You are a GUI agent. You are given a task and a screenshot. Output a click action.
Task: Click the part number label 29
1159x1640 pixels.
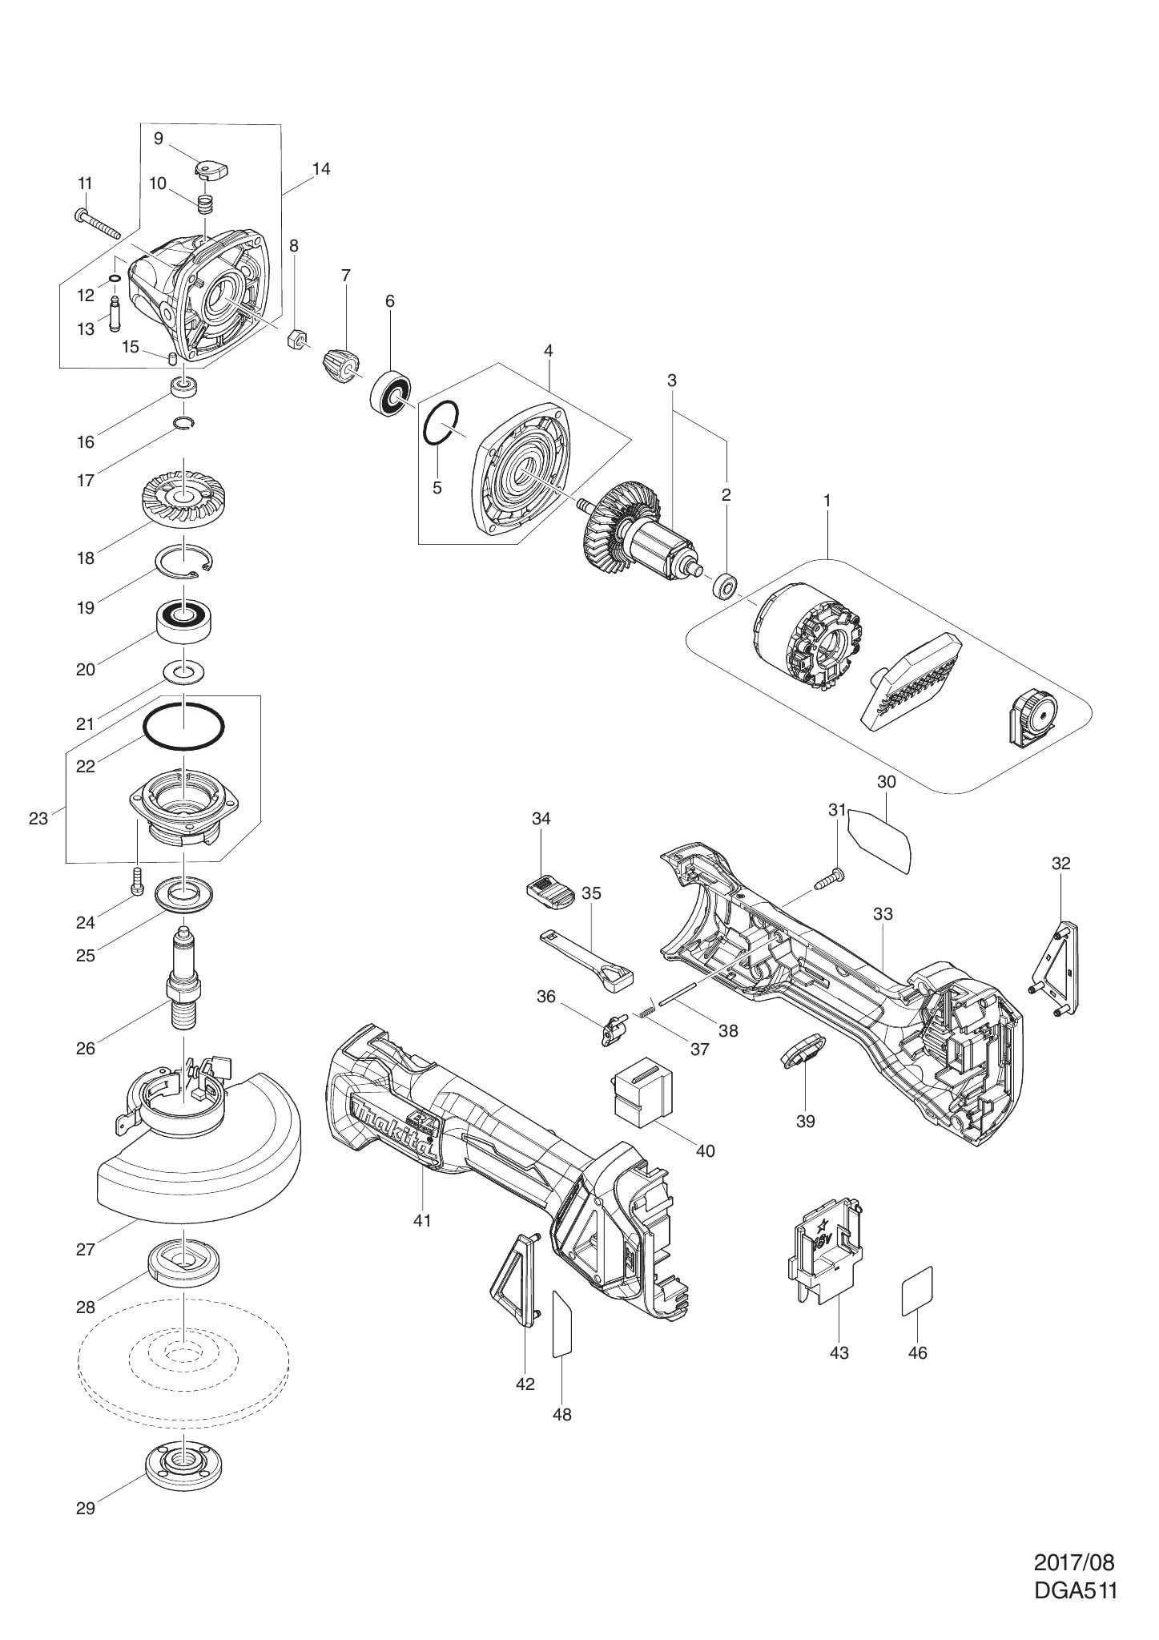click(85, 1508)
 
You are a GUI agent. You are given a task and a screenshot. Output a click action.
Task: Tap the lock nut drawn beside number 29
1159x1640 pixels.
click(183, 1462)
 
